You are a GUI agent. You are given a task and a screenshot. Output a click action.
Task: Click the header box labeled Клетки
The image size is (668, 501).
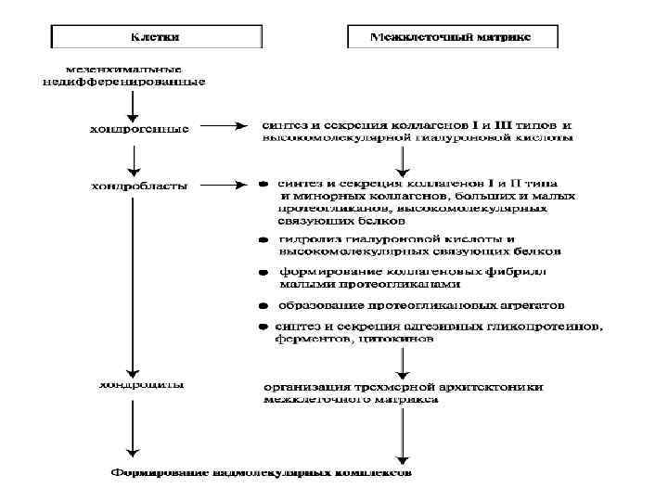(156, 38)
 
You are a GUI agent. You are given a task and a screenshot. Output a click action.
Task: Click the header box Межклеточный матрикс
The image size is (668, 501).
(452, 38)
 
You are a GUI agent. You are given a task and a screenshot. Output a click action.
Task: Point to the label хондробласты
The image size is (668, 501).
(139, 185)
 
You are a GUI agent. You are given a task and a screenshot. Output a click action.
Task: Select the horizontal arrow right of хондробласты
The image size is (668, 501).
(222, 184)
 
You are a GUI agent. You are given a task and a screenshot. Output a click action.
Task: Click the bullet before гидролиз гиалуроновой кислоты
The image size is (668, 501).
(263, 240)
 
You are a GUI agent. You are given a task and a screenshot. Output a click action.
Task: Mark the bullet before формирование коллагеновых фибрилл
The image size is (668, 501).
(263, 273)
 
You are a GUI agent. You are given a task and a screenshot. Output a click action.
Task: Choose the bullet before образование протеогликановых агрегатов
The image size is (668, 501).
(263, 306)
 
